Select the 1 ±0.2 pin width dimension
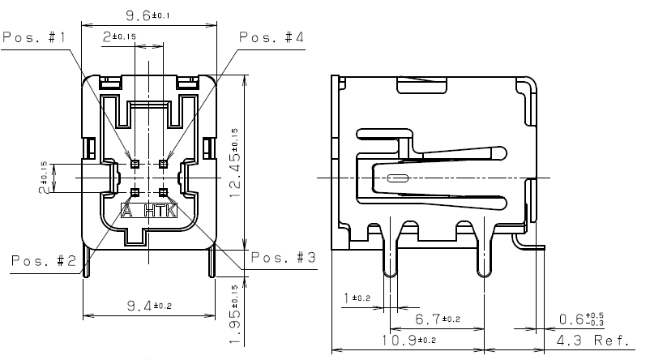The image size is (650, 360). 357,298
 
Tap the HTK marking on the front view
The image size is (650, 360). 160,212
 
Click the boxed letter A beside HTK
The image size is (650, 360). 127,212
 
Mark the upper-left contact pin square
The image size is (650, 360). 135,164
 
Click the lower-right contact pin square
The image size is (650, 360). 163,192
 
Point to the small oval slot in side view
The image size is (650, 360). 397,178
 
